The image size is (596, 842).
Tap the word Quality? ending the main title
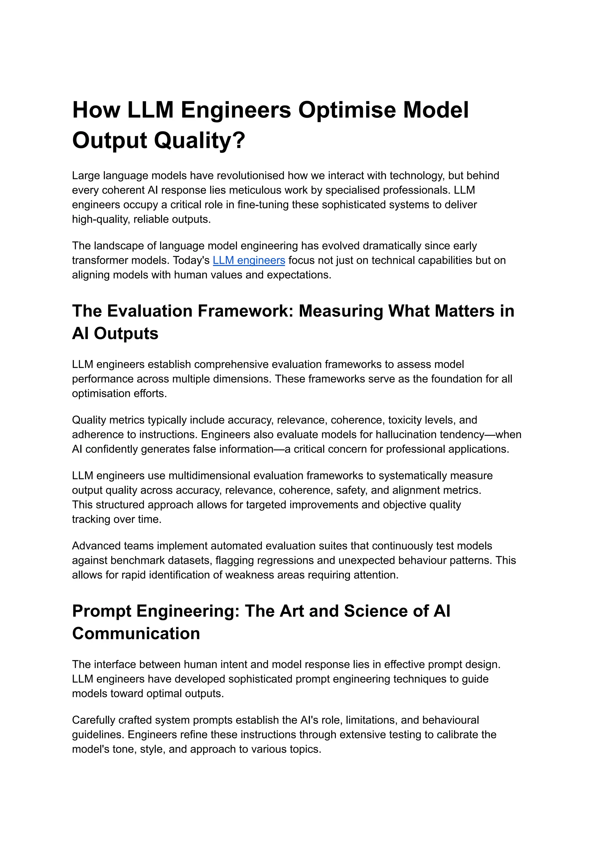pyautogui.click(x=199, y=141)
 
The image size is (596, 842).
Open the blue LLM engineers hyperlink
pyautogui.click(x=249, y=260)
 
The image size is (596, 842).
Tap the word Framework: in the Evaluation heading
pyautogui.click(x=245, y=311)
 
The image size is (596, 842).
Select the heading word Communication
pyautogui.click(x=136, y=634)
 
